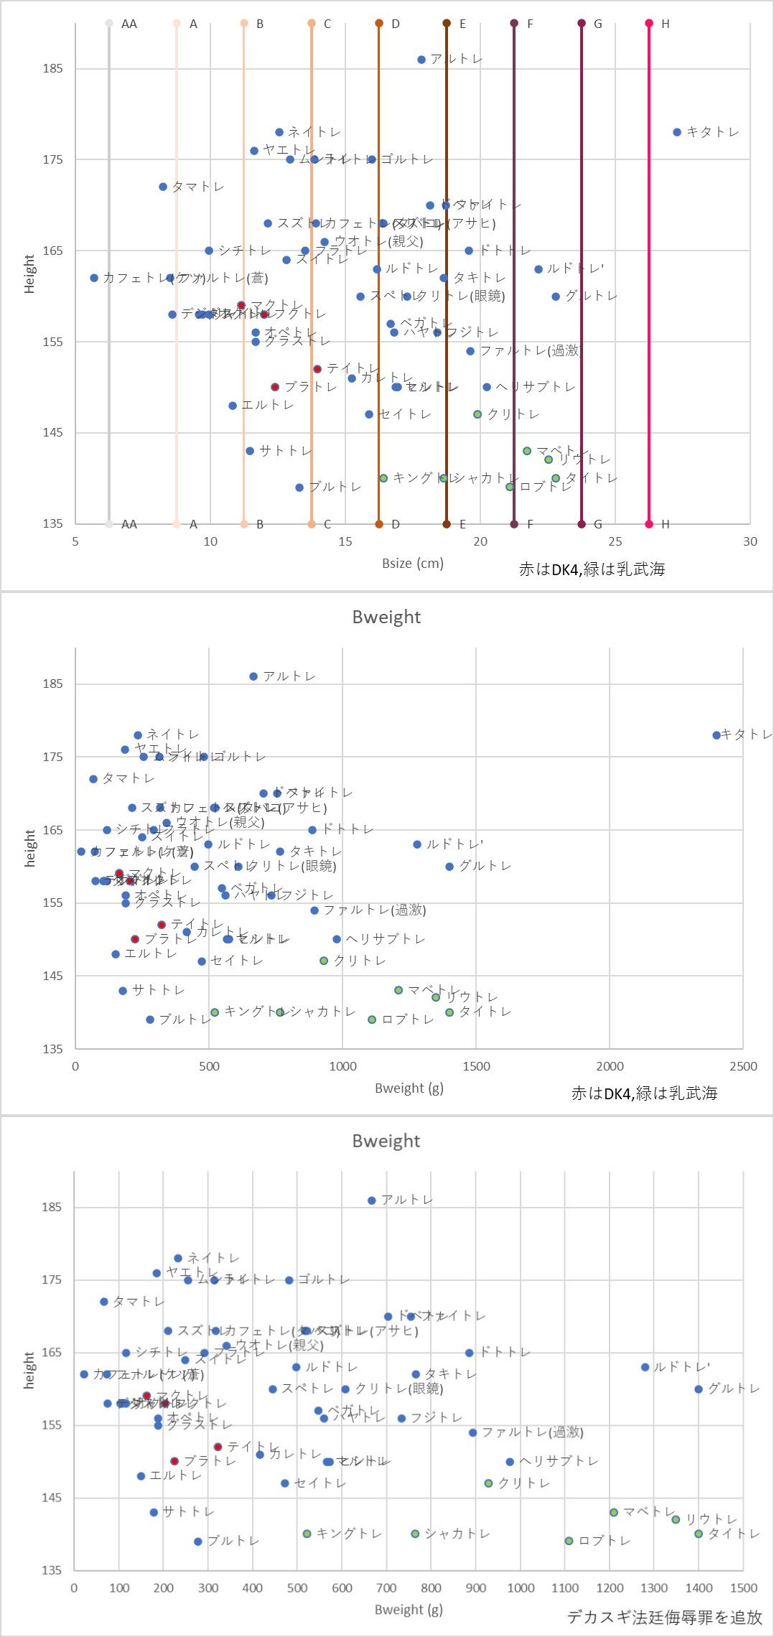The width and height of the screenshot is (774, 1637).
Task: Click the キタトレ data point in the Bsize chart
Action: (677, 132)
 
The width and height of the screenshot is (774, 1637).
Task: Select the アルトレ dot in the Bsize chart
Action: (421, 60)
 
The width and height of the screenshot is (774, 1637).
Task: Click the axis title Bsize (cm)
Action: (413, 563)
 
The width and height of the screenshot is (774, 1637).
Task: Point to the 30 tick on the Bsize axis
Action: (750, 541)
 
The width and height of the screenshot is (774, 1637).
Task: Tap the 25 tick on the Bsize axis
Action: (615, 541)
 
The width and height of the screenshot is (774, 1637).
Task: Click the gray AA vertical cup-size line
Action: (109, 273)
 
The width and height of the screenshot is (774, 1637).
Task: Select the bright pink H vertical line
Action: (649, 273)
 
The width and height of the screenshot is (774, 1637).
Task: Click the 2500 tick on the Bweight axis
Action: (743, 1066)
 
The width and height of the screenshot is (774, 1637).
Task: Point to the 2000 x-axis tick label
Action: (610, 1066)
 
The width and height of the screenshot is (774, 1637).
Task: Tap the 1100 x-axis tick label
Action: (565, 1587)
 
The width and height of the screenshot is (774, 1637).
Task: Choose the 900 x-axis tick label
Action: (476, 1587)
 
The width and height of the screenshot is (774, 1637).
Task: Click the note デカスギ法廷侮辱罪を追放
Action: (664, 1617)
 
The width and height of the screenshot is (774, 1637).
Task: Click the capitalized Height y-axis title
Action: (29, 274)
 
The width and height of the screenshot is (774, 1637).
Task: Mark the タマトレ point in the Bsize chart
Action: (163, 187)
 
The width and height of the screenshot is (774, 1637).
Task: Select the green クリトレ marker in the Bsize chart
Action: (477, 414)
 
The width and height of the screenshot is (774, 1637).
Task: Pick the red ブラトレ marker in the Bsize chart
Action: (275, 387)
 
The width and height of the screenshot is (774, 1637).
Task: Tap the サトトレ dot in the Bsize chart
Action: (250, 451)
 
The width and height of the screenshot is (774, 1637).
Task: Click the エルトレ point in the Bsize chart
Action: (233, 406)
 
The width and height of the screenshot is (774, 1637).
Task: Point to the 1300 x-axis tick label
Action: (654, 1587)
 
